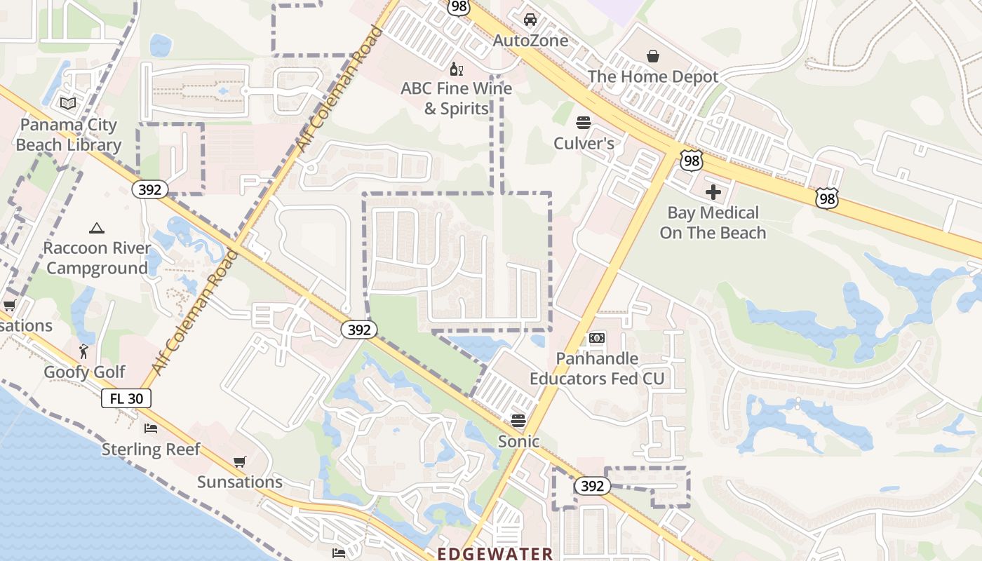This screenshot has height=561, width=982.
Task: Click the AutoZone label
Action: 530,41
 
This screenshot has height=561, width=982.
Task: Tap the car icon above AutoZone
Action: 530,20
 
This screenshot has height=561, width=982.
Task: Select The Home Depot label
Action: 653,77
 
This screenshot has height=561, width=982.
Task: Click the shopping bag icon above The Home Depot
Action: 653,56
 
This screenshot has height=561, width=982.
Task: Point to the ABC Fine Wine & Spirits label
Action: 456,99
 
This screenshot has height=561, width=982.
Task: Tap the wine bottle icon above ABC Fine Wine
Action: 456,69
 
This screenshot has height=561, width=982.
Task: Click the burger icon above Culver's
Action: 583,123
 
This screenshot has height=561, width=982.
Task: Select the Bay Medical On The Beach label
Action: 713,222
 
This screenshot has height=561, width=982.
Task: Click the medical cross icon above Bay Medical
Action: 713,192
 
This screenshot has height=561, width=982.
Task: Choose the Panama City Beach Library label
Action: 69,135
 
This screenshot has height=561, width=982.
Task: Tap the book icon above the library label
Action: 68,104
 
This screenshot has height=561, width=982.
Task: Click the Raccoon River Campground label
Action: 97,258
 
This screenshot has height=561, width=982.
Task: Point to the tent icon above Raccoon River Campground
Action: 97,228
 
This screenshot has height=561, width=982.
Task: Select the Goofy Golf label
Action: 85,372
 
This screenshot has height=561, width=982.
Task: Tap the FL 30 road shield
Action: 126,399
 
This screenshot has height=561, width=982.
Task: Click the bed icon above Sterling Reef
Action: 151,428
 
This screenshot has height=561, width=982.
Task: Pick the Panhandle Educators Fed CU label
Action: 597,369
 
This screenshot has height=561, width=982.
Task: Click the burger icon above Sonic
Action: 518,421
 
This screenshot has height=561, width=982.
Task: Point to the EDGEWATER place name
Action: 495,553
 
